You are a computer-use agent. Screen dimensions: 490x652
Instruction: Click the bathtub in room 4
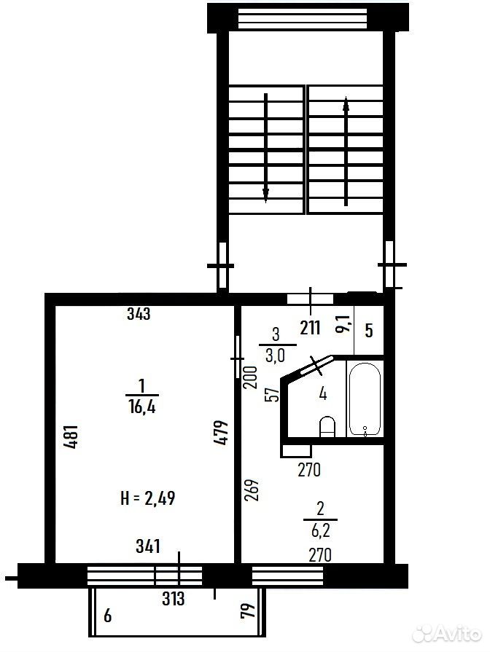point(365,399)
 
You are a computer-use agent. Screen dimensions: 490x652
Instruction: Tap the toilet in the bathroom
point(327,426)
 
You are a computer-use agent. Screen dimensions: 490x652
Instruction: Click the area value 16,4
point(142,407)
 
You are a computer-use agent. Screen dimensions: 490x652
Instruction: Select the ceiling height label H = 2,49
point(148,498)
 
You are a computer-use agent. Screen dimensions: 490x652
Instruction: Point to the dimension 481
point(72,436)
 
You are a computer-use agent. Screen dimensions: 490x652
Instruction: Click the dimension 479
point(222,433)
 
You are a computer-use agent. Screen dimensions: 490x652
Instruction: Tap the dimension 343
point(139,313)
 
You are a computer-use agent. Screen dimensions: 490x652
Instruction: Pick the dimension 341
point(148,546)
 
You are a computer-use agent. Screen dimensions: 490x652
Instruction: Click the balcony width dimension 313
point(173,599)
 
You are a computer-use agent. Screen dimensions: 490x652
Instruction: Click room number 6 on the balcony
point(108,616)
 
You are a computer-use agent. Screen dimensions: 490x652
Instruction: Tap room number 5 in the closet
point(369,331)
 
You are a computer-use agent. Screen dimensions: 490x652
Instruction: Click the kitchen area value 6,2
point(321,531)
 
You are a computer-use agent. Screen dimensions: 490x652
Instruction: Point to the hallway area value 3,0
point(275,356)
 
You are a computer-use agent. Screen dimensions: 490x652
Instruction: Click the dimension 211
point(310,328)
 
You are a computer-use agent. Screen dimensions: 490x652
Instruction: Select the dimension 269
point(253,490)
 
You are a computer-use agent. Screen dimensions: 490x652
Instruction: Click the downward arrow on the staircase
point(265,148)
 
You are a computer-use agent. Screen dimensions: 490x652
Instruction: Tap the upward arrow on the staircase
point(346,152)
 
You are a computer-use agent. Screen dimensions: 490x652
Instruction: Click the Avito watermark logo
point(446,634)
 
